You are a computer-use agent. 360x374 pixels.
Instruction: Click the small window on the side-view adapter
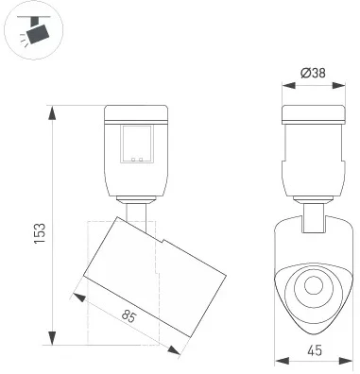click(138, 144)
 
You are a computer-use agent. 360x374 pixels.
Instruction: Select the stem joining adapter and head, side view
click(138, 212)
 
